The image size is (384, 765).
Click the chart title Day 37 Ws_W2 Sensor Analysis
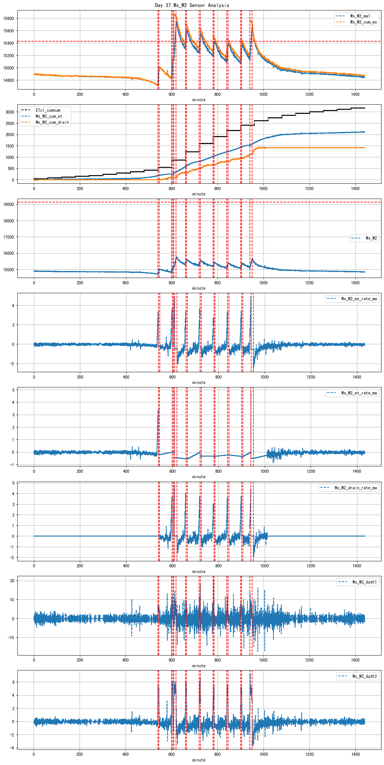[192, 5]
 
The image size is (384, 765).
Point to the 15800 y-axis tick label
[9, 18]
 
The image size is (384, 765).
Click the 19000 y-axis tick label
[9, 205]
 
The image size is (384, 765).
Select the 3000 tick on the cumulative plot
[10, 112]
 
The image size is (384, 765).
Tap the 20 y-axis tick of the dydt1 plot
[12, 581]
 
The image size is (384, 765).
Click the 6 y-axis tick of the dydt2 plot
[13, 682]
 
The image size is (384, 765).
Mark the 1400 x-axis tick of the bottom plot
[355, 754]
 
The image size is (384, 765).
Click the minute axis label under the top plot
[199, 100]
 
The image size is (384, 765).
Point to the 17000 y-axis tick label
[9, 237]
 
